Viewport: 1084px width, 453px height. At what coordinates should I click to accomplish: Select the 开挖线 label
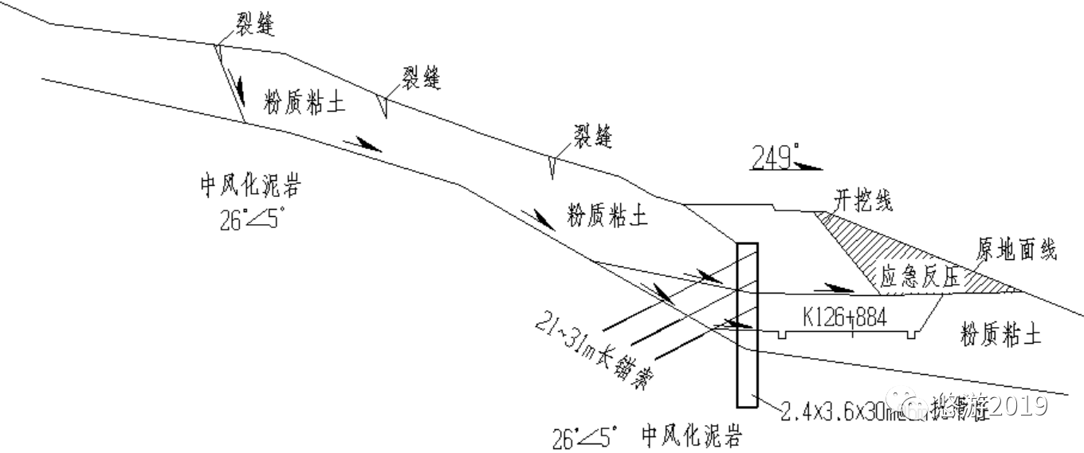[863, 199]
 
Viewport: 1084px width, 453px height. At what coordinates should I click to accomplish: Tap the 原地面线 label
[1016, 250]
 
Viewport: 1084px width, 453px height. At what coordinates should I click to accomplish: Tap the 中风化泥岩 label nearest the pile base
[692, 437]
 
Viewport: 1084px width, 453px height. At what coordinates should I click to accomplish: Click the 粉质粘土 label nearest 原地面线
[1001, 333]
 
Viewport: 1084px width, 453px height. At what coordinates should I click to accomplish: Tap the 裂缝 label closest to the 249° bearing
[592, 136]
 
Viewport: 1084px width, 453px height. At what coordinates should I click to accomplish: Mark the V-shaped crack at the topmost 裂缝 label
[218, 52]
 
